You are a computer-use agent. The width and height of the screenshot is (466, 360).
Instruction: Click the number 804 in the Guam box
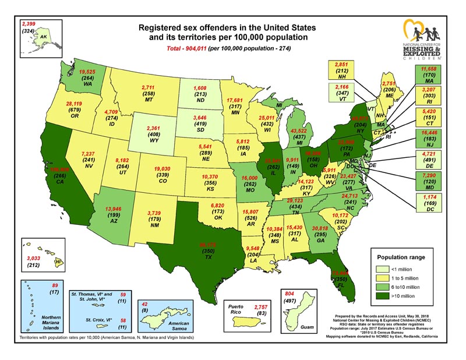click(289, 294)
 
